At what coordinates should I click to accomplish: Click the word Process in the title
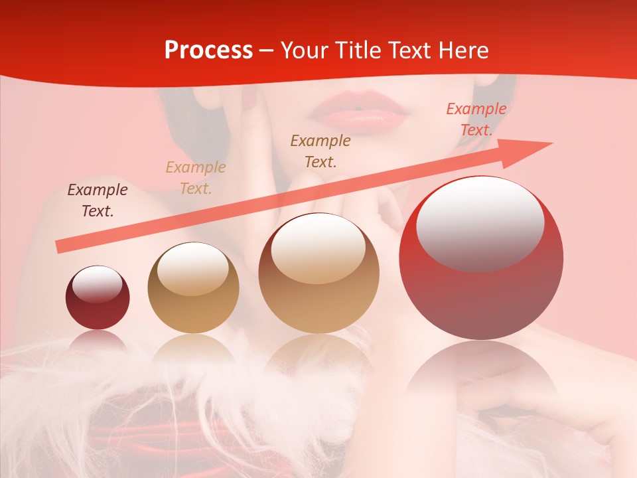tap(208, 50)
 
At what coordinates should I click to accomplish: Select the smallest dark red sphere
tap(98, 297)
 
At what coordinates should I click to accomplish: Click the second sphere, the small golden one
tap(193, 287)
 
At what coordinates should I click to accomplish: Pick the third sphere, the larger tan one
tap(318, 273)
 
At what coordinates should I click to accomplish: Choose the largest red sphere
tap(481, 258)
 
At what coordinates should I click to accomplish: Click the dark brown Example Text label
tap(98, 200)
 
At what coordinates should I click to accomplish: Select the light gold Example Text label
tap(196, 178)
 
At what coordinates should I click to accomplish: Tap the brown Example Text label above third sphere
tap(320, 151)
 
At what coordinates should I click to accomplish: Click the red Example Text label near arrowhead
tap(476, 119)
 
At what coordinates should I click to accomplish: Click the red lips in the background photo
tap(359, 112)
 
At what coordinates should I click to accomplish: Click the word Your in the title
tap(304, 50)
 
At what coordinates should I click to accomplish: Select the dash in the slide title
tap(267, 50)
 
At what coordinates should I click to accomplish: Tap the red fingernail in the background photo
tap(249, 101)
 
